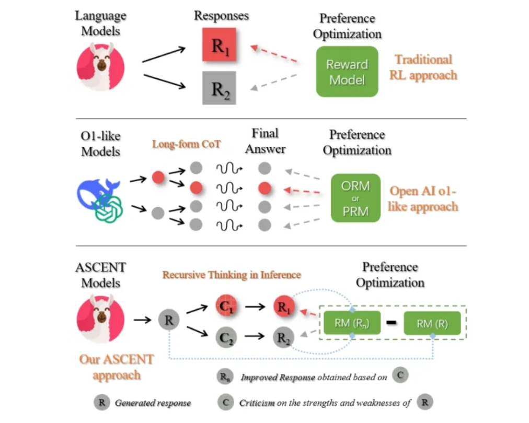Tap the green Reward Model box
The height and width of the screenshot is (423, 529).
click(347, 72)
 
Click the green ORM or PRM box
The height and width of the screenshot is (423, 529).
click(355, 198)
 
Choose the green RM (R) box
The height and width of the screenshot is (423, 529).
click(432, 324)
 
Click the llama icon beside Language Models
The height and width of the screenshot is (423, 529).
click(100, 67)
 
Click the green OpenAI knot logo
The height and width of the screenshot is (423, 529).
click(108, 208)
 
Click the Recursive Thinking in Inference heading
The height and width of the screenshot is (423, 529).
click(231, 275)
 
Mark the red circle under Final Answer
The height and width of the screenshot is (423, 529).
click(265, 187)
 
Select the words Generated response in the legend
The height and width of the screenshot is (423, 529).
click(153, 403)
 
